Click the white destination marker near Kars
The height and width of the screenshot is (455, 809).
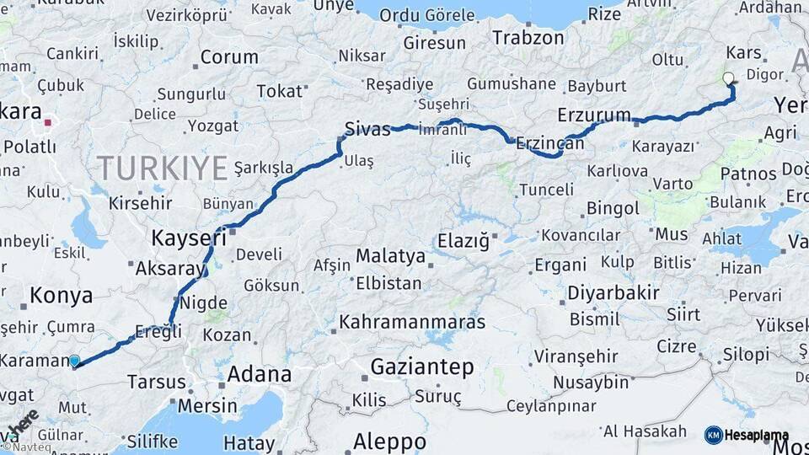(728, 79)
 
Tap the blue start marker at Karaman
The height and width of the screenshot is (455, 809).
(74, 361)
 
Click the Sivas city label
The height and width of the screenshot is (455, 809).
(367, 129)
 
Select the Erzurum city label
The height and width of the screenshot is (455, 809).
(594, 115)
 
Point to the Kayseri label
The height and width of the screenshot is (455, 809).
(189, 238)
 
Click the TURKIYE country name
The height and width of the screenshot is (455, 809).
(162, 168)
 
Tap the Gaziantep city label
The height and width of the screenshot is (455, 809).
(421, 367)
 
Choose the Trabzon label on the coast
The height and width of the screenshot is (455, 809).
(528, 37)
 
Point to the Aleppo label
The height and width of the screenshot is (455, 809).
(389, 441)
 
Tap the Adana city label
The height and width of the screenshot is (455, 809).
(260, 373)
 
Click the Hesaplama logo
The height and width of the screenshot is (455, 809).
(747, 435)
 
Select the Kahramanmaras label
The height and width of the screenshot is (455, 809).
(412, 322)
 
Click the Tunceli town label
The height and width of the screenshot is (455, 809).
(545, 190)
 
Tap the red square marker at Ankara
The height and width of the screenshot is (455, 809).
(48, 122)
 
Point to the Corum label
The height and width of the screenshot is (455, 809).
(228, 57)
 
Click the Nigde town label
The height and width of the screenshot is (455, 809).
(203, 302)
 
